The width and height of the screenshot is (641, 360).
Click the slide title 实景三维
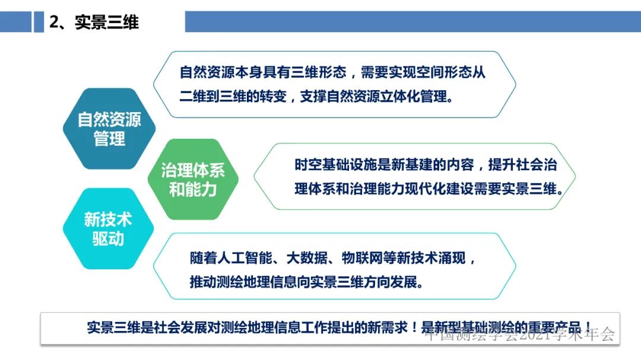click(x=107, y=23)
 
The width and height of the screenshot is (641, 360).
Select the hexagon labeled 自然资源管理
click(x=109, y=129)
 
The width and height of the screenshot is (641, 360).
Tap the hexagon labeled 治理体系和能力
click(x=193, y=180)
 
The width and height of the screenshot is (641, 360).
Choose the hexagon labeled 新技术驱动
click(x=107, y=229)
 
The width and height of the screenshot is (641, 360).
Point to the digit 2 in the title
click(x=55, y=23)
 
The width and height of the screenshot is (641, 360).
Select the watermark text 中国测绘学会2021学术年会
click(x=520, y=334)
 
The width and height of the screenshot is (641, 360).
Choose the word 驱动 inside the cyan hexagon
click(x=107, y=238)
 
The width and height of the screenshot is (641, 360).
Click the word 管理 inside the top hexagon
click(x=109, y=138)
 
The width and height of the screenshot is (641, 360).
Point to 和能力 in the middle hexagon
click(x=193, y=190)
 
